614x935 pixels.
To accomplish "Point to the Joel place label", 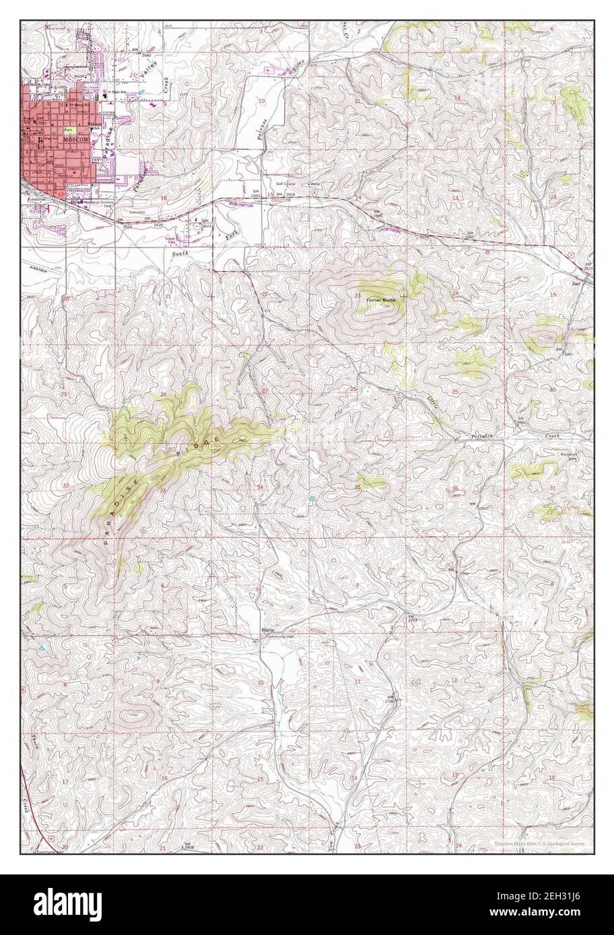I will pos(575,283).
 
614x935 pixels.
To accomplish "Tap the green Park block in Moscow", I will pos(68,128).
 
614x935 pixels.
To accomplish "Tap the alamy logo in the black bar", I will pos(54,904).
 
